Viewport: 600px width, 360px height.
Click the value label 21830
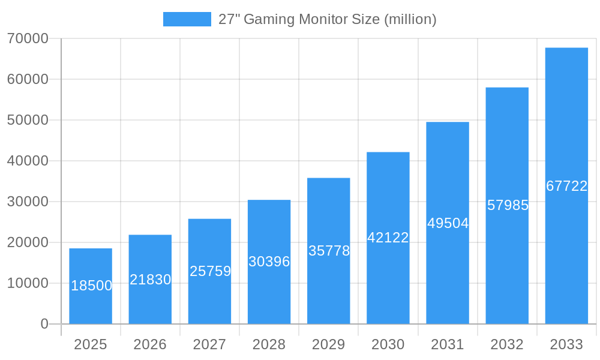(x=151, y=280)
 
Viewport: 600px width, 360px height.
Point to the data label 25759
(x=210, y=271)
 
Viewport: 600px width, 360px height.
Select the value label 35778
(x=329, y=251)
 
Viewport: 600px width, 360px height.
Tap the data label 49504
(x=448, y=223)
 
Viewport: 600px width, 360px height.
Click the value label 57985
(x=508, y=205)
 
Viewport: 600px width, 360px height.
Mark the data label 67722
(x=566, y=186)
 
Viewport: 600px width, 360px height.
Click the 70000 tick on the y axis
(x=28, y=38)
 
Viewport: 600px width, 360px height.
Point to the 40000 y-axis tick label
(x=28, y=161)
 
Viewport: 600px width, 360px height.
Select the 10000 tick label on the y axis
(x=28, y=283)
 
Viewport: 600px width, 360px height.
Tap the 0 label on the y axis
(x=44, y=324)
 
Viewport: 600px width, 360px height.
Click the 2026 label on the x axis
(x=150, y=344)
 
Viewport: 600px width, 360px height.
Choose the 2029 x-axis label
(x=329, y=344)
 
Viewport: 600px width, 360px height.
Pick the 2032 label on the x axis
(x=507, y=344)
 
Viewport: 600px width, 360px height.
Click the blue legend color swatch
(x=187, y=19)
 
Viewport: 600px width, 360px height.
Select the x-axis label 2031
(x=448, y=344)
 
